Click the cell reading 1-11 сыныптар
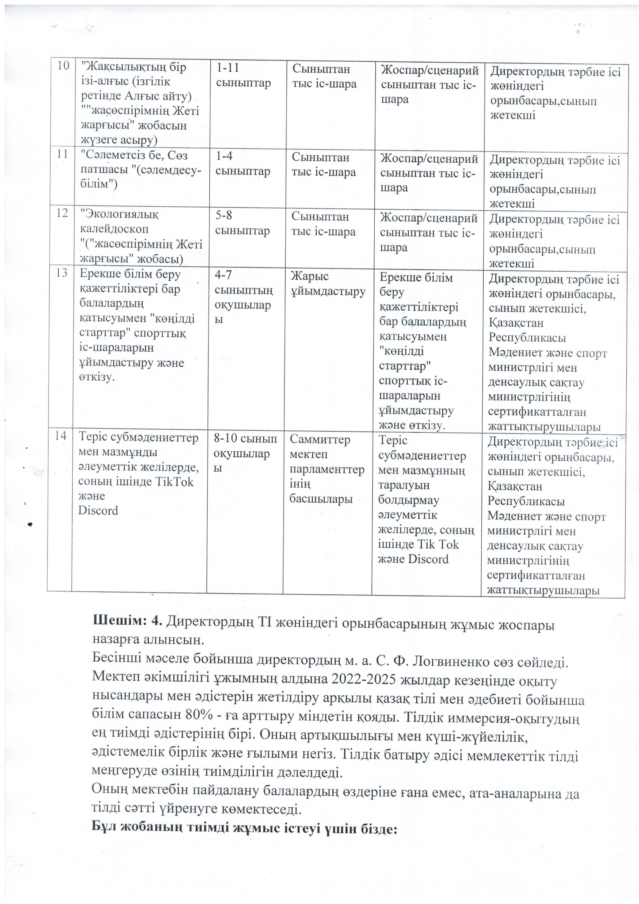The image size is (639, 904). coord(243,75)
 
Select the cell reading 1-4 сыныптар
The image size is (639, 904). coord(242,164)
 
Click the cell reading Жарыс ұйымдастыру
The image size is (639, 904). coord(328,284)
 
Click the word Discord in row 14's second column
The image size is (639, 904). coord(98,511)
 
